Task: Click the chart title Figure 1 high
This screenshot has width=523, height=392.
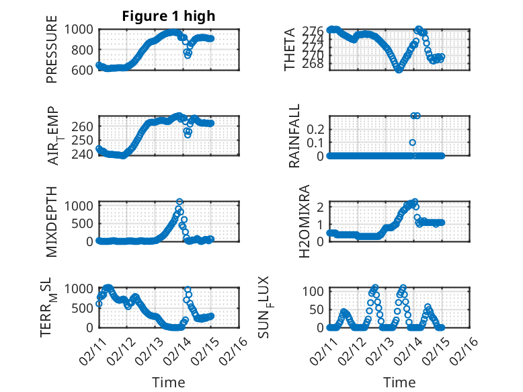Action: click(x=169, y=16)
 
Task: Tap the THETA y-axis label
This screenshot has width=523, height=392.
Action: click(x=290, y=49)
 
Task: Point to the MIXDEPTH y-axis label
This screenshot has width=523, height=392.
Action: click(x=52, y=221)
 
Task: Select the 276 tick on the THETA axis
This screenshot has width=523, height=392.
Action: click(x=316, y=31)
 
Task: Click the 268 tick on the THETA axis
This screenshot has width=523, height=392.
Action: click(x=316, y=64)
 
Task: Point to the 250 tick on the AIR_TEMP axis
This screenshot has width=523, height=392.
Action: click(x=85, y=140)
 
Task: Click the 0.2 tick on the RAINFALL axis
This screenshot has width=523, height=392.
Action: click(x=317, y=128)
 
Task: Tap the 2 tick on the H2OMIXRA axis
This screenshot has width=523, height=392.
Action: click(x=322, y=206)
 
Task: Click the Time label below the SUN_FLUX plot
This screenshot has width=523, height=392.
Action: click(x=399, y=382)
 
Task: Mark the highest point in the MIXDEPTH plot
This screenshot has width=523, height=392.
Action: click(x=179, y=202)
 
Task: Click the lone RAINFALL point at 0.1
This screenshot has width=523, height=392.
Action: click(x=413, y=142)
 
